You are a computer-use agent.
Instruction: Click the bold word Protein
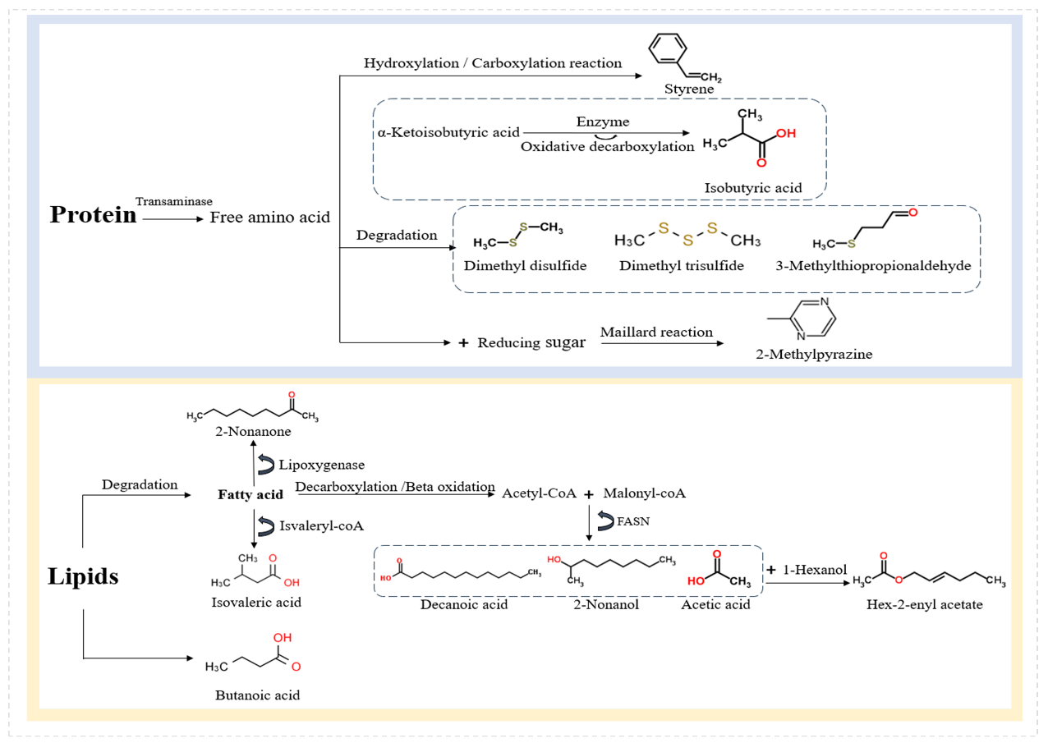pyautogui.click(x=93, y=215)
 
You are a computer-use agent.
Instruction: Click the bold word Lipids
pyautogui.click(x=83, y=576)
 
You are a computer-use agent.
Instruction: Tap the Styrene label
pyautogui.click(x=689, y=89)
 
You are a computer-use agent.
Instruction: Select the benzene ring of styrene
pyautogui.click(x=668, y=48)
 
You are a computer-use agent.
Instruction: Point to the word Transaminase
pyautogui.click(x=174, y=201)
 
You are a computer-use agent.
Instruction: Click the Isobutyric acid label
pyautogui.click(x=753, y=188)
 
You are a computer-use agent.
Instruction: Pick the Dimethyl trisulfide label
pyautogui.click(x=682, y=265)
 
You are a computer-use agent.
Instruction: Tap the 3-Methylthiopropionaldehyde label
pyautogui.click(x=874, y=265)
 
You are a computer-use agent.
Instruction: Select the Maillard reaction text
pyautogui.click(x=656, y=332)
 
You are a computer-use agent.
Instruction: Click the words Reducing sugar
pyautogui.click(x=531, y=342)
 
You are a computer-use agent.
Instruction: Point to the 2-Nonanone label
pyautogui.click(x=253, y=431)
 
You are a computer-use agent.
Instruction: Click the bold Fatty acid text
pyautogui.click(x=251, y=494)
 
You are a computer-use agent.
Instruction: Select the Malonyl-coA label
pyautogui.click(x=644, y=493)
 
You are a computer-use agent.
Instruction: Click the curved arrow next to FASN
pyautogui.click(x=605, y=521)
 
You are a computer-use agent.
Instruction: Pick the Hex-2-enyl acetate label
pyautogui.click(x=925, y=604)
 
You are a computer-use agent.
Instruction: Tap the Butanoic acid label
pyautogui.click(x=257, y=695)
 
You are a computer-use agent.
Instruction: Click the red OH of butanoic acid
pyautogui.click(x=283, y=638)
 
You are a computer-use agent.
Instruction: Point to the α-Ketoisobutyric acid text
pyautogui.click(x=448, y=133)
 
